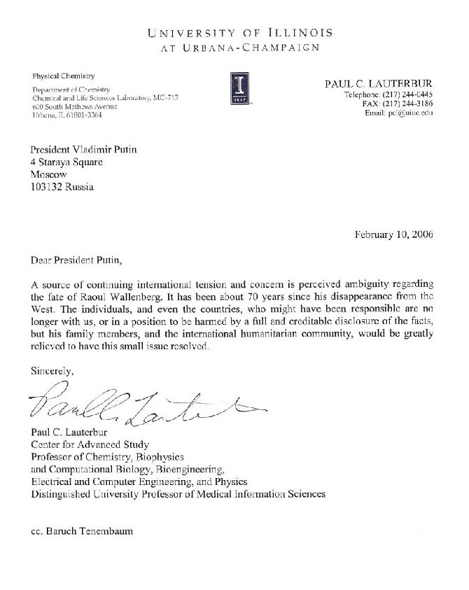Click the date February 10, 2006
(x=394, y=234)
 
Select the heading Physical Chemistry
(x=64, y=75)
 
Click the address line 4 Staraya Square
(x=66, y=162)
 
